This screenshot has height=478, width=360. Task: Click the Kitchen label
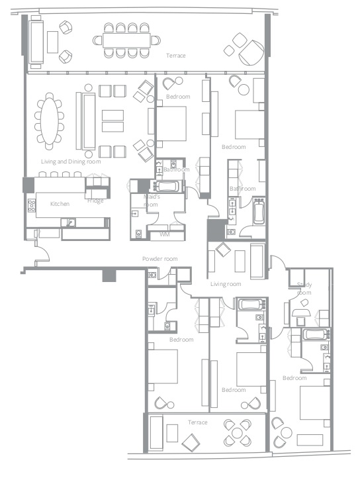point(60,204)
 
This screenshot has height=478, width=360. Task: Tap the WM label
point(164,234)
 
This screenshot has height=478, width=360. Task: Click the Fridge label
point(95,201)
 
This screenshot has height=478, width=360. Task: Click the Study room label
point(304,289)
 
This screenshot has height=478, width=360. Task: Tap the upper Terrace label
point(176,56)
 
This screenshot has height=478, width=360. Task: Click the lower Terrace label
point(197,422)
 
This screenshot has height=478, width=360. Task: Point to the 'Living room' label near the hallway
point(226,283)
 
